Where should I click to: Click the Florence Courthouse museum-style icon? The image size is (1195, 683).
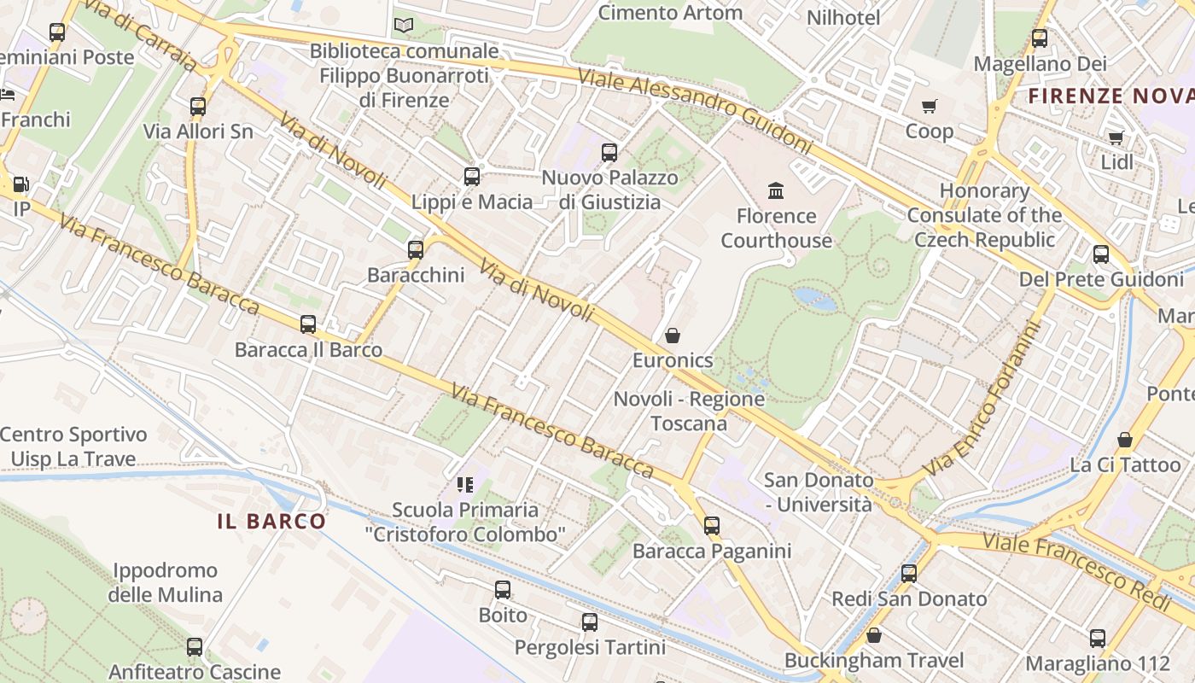[x=776, y=190]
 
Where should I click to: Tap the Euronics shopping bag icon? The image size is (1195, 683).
[x=673, y=336]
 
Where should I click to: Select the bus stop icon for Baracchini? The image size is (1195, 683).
[x=416, y=250]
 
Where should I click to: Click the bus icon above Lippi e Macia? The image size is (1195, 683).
[x=472, y=177]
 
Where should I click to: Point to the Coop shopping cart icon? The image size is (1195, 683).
[x=930, y=106]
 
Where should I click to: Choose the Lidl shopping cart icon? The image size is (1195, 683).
[x=1116, y=137]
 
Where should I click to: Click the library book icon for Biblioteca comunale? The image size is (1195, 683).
[x=404, y=26]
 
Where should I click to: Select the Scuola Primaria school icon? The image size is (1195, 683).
[x=465, y=485]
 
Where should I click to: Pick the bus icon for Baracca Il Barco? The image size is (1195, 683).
[x=308, y=324]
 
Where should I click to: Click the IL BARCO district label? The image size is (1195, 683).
[x=271, y=522]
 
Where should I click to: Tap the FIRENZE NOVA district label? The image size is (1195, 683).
[x=1110, y=96]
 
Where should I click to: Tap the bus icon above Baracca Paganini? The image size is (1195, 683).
[x=712, y=526]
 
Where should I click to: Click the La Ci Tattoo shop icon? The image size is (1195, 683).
[x=1125, y=440]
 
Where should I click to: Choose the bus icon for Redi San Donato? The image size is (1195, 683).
[x=909, y=574]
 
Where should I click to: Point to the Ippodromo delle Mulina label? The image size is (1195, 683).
[x=165, y=582]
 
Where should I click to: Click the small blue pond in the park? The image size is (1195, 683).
[x=814, y=299]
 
